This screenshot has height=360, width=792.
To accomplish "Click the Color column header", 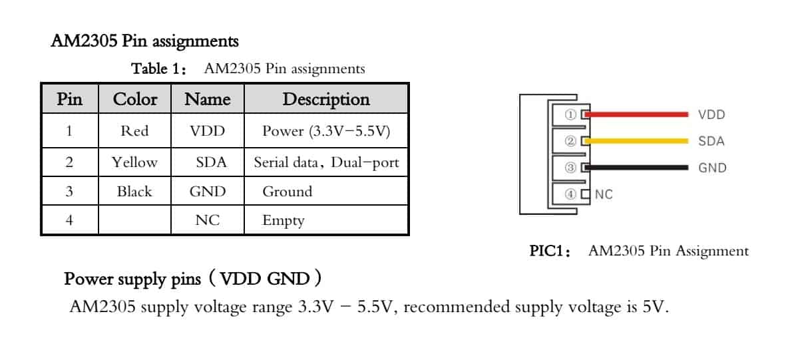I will click(x=135, y=99).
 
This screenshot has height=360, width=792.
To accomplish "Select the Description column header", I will click(x=326, y=99).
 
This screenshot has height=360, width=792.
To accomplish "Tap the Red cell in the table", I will click(x=134, y=131).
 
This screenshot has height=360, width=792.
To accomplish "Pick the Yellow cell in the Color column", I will click(x=134, y=162).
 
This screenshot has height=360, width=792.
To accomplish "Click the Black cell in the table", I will click(x=134, y=192).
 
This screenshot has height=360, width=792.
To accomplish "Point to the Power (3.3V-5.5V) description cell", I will click(x=325, y=131).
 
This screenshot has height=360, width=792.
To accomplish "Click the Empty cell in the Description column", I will click(x=284, y=221).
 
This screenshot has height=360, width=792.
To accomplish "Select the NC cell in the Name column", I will click(x=208, y=221).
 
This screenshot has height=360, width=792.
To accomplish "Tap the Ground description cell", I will click(x=287, y=192).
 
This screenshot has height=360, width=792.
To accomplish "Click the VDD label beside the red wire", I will click(x=711, y=115).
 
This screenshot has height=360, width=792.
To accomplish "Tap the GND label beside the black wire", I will click(x=712, y=168).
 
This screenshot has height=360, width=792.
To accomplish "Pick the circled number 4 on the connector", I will click(x=570, y=194).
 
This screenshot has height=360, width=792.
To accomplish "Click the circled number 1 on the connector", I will click(x=570, y=114).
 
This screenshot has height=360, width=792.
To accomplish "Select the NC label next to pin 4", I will click(x=604, y=195).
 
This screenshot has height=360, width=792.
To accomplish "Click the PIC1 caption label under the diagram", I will click(x=550, y=252).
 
